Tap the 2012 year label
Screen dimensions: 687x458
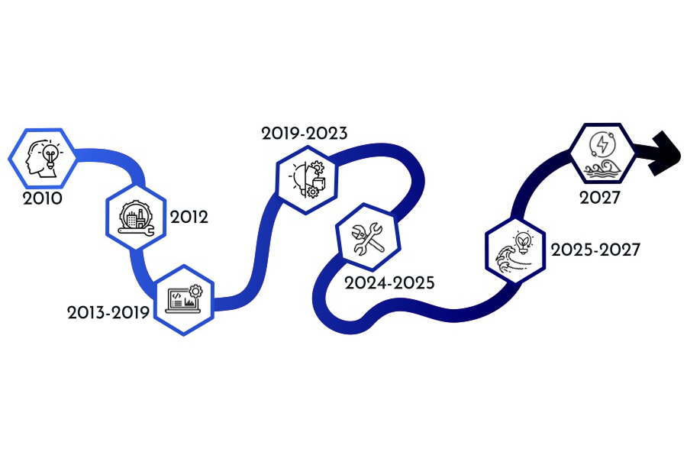(189, 218)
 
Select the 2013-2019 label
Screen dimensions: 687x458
(108, 312)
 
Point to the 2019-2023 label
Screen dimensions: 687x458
(305, 134)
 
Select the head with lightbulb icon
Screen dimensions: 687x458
(43, 157)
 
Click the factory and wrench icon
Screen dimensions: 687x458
(135, 218)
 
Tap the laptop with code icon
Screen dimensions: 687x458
(183, 298)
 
